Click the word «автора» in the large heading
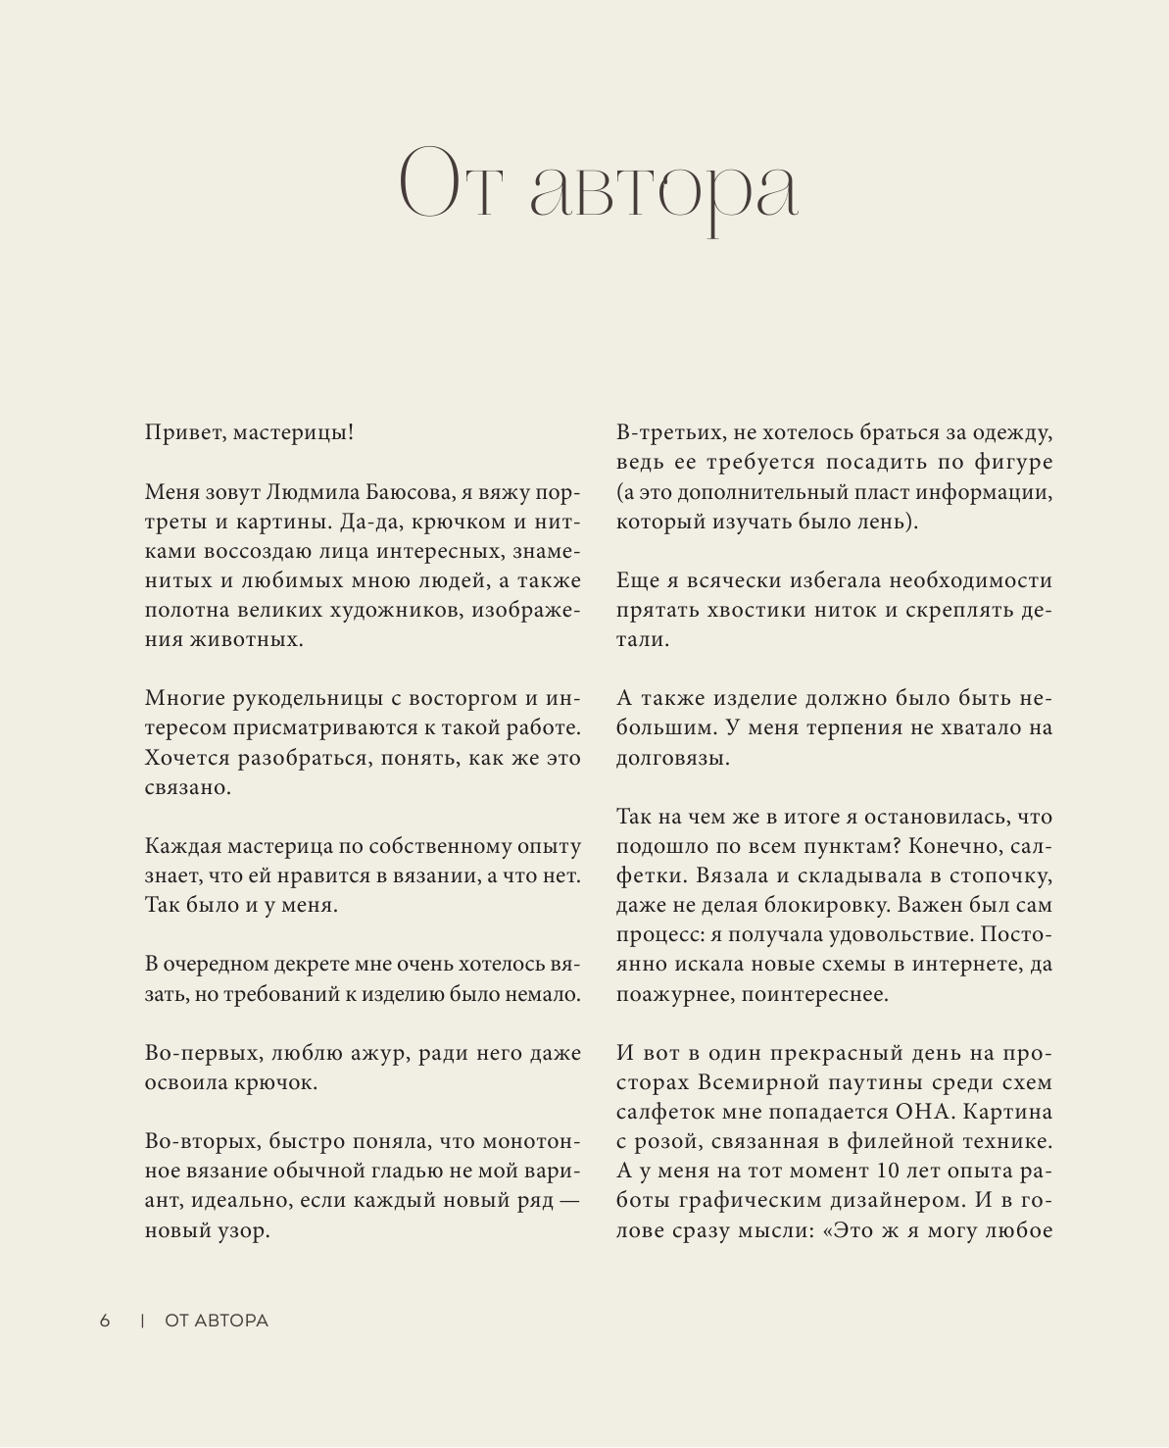[664, 185]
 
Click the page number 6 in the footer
[105, 1321]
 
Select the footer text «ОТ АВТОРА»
[217, 1321]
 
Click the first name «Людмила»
[317, 492]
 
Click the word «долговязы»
[671, 758]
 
